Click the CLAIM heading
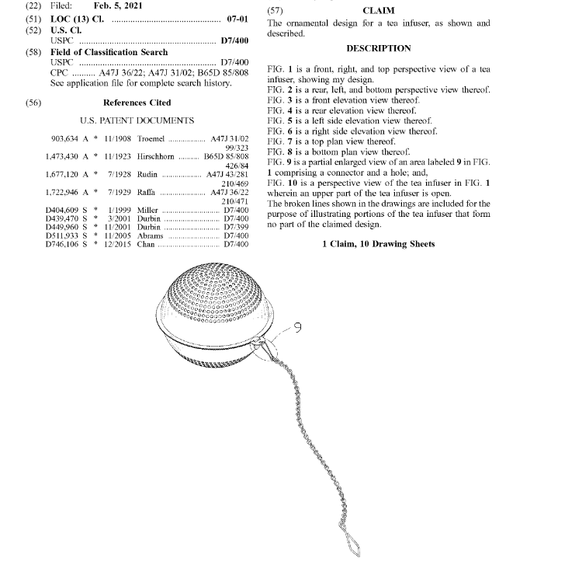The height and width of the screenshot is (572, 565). pos(378,11)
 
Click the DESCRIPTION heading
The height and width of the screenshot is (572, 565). pos(378,48)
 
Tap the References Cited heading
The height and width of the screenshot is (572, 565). pos(137,103)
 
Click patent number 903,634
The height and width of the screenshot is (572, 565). pos(67,139)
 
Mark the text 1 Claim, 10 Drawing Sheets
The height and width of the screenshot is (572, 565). pos(378,245)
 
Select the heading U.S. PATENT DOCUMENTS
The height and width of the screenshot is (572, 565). pos(137,121)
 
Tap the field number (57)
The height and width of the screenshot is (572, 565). pos(275,11)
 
